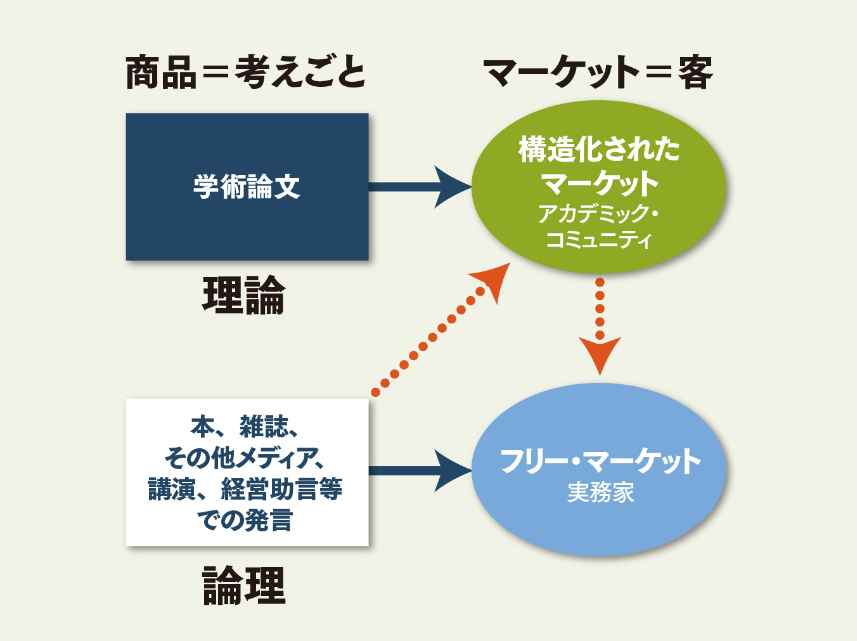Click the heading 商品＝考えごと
pyautogui.click(x=245, y=72)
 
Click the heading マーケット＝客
pyautogui.click(x=598, y=72)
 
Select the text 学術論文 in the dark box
pyautogui.click(x=247, y=187)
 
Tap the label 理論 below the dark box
pyautogui.click(x=244, y=295)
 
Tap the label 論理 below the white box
pyautogui.click(x=244, y=586)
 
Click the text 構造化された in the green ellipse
pyautogui.click(x=599, y=150)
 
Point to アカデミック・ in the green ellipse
pyautogui.click(x=599, y=214)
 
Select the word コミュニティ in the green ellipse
pyautogui.click(x=599, y=240)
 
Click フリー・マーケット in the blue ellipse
pyautogui.click(x=600, y=461)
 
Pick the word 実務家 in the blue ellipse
pyautogui.click(x=600, y=493)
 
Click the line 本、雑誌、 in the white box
pyautogui.click(x=245, y=427)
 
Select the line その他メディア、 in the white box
pyautogui.click(x=245, y=457)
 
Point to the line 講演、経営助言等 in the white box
pyautogui.click(x=245, y=489)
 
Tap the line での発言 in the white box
pyautogui.click(x=245, y=521)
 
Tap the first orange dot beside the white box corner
pyautogui.click(x=376, y=392)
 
